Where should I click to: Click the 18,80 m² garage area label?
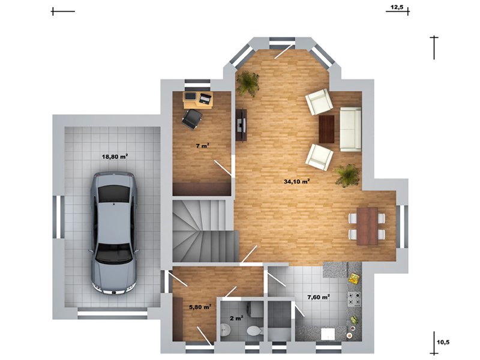click(x=115, y=157)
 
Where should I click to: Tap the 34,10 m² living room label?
click(x=296, y=182)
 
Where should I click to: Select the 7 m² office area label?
click(x=203, y=146)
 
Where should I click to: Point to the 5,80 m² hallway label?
click(x=200, y=307)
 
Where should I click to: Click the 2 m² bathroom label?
click(x=236, y=319)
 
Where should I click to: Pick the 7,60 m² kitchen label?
click(x=319, y=297)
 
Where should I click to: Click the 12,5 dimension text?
click(x=397, y=7)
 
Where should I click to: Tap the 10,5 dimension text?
click(x=443, y=342)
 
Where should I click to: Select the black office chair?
click(x=192, y=119)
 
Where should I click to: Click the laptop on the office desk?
click(x=205, y=98)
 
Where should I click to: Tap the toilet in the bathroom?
click(x=254, y=331)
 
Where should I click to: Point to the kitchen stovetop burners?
click(x=353, y=299)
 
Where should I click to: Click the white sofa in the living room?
click(x=350, y=129)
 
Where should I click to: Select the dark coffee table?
click(x=326, y=129)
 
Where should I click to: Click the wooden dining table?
click(x=367, y=227)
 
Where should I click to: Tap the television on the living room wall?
click(x=241, y=125)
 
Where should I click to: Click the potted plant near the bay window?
click(x=247, y=83)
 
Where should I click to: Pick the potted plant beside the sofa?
click(x=347, y=175)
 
